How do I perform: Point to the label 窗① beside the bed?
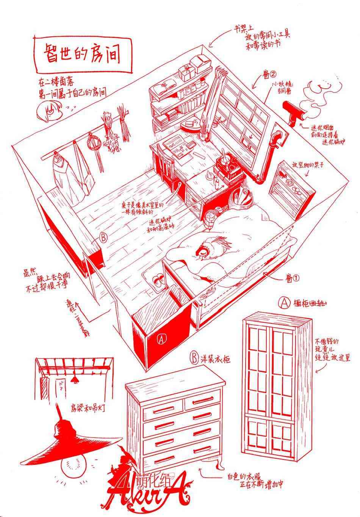pos(293,278)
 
